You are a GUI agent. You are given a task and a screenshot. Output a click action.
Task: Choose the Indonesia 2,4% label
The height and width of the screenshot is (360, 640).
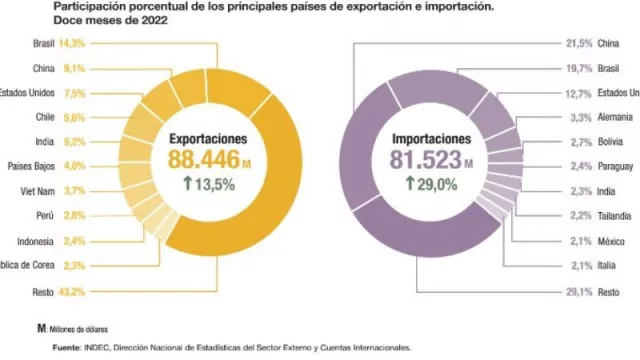[x=45, y=241]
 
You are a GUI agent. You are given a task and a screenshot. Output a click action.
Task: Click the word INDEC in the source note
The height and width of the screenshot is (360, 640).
[x=96, y=348]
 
